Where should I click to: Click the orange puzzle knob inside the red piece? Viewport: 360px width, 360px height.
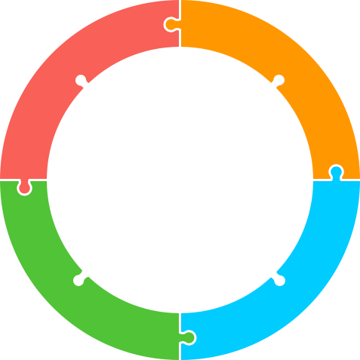(x=171, y=24)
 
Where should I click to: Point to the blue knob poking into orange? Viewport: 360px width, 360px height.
(x=336, y=171)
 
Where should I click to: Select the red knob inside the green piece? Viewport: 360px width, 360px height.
(x=24, y=187)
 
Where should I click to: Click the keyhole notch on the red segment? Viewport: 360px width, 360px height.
(x=80, y=80)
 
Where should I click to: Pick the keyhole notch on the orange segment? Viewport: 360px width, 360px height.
(x=278, y=80)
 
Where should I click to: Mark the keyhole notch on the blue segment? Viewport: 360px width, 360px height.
(x=279, y=280)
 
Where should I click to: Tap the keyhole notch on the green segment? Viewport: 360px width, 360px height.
(x=79, y=280)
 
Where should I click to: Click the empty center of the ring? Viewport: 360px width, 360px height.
(x=180, y=180)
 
